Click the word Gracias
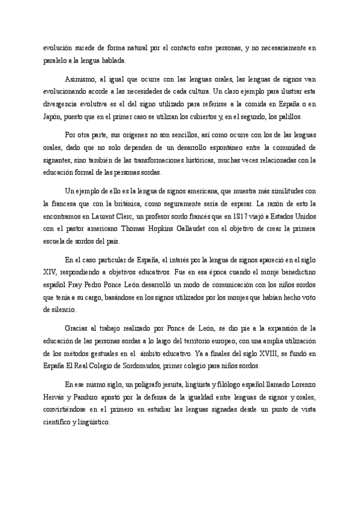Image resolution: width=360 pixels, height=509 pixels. coord(77,328)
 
